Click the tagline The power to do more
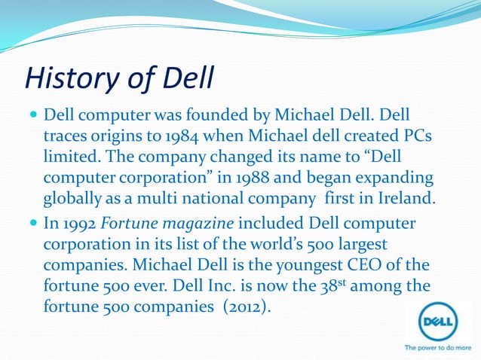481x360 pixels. point(439,348)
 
